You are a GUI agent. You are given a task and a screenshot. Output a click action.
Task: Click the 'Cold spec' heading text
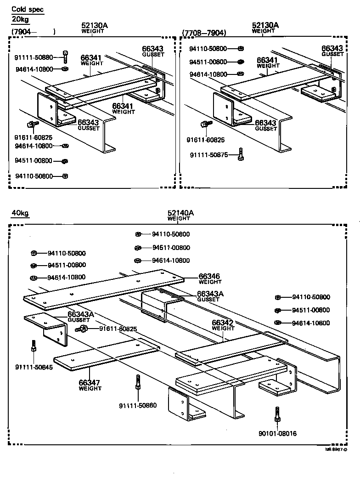pyautogui.click(x=28, y=9)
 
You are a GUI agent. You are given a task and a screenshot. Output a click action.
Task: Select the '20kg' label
pyautogui.click(x=20, y=20)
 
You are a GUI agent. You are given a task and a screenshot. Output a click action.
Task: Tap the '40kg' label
pyautogui.click(x=20, y=213)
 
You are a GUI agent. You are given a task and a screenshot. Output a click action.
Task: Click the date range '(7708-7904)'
pyautogui.click(x=204, y=33)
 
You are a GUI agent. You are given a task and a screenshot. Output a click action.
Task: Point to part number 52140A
pyautogui.click(x=180, y=213)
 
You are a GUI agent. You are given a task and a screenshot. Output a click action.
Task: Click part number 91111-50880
pyautogui.click(x=34, y=57)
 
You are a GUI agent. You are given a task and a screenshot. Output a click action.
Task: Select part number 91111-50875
pyautogui.click(x=209, y=155)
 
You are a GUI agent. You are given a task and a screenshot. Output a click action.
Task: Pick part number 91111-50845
pyautogui.click(x=34, y=367)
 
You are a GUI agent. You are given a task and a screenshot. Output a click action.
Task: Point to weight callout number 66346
pyautogui.click(x=209, y=276)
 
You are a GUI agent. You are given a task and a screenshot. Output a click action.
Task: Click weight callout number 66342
pyautogui.click(x=223, y=323)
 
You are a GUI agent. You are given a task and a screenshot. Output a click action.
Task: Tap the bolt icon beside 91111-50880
pyautogui.click(x=65, y=57)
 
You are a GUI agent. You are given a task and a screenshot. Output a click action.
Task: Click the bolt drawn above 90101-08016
pyautogui.click(x=277, y=414)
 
